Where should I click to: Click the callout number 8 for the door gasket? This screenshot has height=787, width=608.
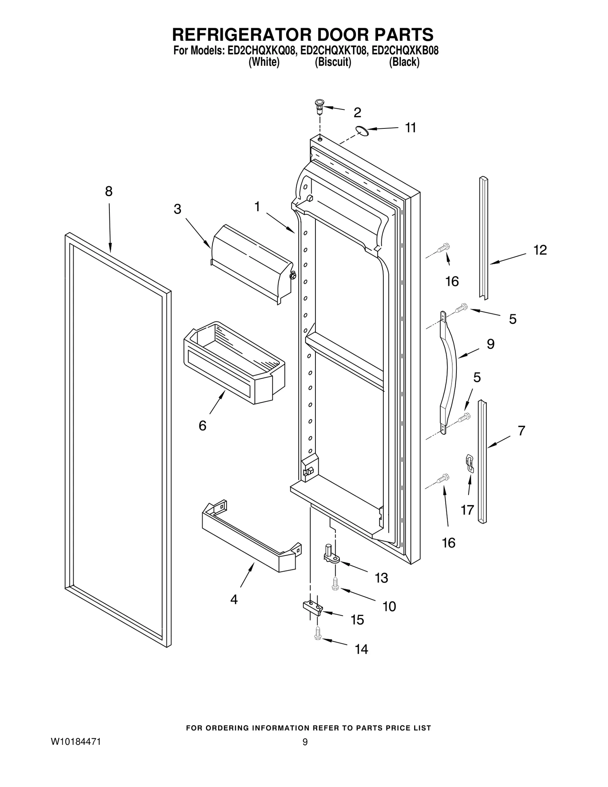click(x=109, y=192)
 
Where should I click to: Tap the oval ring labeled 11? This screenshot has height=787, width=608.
click(x=362, y=131)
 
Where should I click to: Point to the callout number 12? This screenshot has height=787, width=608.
click(x=540, y=250)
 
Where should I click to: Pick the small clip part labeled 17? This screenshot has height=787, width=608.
click(x=470, y=464)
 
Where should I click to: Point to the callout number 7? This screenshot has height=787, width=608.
click(x=521, y=431)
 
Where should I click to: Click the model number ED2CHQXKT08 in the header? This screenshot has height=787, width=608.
click(x=334, y=51)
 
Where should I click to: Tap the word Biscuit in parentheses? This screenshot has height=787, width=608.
click(x=332, y=62)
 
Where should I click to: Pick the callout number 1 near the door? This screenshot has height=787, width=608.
click(x=257, y=207)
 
